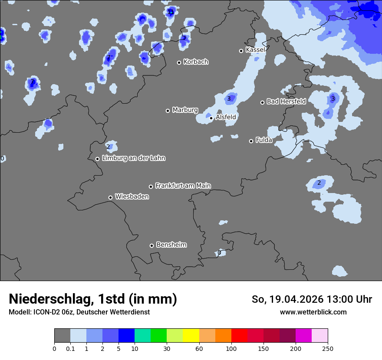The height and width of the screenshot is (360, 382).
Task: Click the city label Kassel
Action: coord(255,50)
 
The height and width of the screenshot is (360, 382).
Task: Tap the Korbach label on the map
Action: coord(196,62)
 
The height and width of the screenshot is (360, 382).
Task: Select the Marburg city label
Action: coord(185,110)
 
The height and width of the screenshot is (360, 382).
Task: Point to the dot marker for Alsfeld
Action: coord(211,118)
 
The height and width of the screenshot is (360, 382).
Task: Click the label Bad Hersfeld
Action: coord(286,101)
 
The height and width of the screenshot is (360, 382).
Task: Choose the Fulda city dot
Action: coord(251,141)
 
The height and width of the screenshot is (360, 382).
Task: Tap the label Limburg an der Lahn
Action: coord(133,158)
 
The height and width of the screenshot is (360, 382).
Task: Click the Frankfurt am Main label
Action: coord(183,186)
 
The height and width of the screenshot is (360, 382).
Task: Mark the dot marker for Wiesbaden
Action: coord(111,197)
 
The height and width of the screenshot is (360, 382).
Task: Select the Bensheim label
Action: coord(171,245)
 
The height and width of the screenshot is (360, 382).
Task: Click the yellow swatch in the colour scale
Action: coord(191,336)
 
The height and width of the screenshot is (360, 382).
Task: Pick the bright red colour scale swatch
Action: coord(239,336)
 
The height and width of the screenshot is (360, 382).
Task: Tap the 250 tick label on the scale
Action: coord(328,348)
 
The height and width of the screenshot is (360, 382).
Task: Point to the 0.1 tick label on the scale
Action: coord(70,348)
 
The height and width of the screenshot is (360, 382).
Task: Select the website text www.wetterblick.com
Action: coord(313,312)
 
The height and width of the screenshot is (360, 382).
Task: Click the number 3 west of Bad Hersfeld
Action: coord(229,99)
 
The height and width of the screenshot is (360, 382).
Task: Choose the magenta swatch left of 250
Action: coord(303,336)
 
